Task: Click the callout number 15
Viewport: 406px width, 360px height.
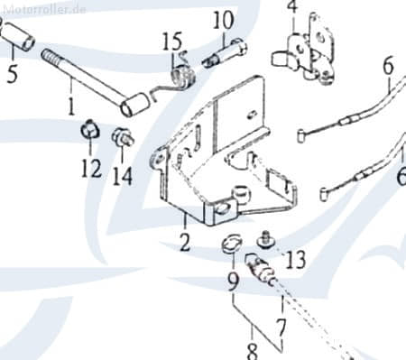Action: pos(172,42)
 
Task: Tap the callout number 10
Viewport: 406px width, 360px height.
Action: pos(223,21)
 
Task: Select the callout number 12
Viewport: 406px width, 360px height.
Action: pos(91,169)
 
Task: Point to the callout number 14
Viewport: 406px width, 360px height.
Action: pos(123,176)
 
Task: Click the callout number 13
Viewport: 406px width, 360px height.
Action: pos(295,260)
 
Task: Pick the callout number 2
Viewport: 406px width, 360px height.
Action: pos(185,242)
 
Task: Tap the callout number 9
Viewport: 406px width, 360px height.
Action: pos(233,282)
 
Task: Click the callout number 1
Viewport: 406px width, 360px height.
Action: pos(71,106)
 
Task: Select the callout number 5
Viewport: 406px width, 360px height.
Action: pos(13,73)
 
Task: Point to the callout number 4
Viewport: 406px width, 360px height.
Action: pos(292,6)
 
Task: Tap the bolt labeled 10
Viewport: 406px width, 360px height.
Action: pos(225,54)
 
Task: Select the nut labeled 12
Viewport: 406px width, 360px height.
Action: pos(90,131)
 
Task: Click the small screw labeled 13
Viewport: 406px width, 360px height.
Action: pos(265,240)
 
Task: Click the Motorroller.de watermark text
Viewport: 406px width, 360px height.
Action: pos(44,9)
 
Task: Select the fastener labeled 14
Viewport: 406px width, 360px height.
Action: pos(123,137)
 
